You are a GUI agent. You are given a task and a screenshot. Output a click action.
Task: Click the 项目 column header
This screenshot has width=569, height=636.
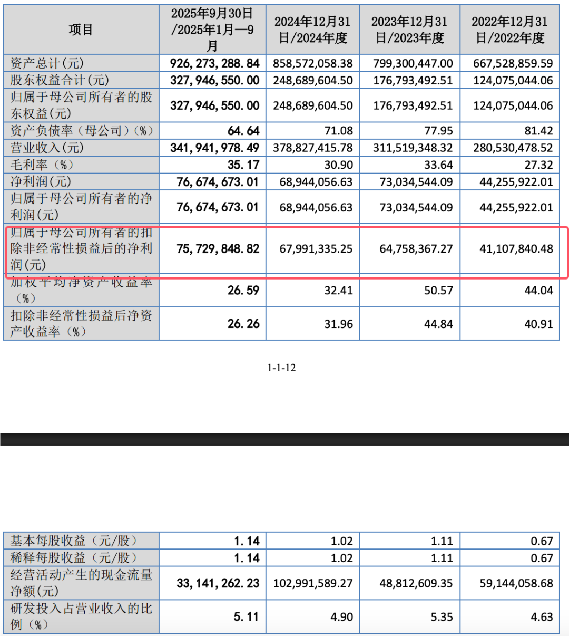tap(81, 30)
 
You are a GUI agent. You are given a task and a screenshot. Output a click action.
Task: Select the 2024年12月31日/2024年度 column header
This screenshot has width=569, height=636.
tap(312, 30)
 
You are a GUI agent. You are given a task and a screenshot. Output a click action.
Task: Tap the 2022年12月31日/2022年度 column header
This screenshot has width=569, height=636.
tap(509, 30)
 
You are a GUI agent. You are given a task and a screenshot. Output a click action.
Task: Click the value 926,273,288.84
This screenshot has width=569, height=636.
tap(214, 64)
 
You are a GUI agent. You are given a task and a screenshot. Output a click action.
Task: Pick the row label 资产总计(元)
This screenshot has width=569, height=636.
tap(47, 64)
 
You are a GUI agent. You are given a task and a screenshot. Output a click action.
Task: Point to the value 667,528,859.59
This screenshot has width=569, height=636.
tap(513, 64)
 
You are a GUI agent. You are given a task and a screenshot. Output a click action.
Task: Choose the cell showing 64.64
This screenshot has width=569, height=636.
tap(243, 131)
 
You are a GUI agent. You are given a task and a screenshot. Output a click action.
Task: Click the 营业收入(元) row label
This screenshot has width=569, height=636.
tap(47, 148)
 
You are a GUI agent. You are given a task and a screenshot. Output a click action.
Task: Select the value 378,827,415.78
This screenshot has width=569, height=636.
tap(313, 148)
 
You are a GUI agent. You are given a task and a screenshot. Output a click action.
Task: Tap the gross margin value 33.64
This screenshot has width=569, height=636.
tap(438, 165)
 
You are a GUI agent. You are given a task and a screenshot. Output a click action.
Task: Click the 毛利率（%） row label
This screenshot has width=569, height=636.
tap(43, 165)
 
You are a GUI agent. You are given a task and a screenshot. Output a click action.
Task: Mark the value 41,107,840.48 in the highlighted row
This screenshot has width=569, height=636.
tap(516, 248)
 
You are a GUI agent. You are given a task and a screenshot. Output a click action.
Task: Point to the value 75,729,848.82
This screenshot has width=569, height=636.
tap(218, 248)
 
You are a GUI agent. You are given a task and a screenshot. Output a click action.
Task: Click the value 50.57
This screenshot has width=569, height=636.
tap(438, 290)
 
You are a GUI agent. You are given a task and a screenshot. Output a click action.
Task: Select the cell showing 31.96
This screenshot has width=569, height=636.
tap(338, 324)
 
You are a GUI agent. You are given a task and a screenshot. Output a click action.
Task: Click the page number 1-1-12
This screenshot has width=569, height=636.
tap(281, 368)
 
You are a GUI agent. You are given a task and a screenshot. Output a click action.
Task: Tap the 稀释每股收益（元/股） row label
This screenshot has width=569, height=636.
tap(74, 557)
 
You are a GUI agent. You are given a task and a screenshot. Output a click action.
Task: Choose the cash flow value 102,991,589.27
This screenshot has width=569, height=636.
tap(313, 583)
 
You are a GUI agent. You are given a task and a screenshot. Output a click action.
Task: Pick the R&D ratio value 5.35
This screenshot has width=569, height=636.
tap(442, 617)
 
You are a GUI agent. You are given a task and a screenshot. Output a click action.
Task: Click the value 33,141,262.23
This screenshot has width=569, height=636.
tap(218, 583)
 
